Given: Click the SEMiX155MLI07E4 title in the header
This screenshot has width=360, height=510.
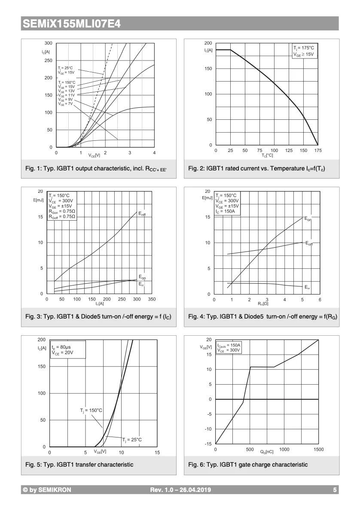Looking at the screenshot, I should click(x=71, y=24).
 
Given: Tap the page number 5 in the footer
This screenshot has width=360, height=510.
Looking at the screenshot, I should click(x=335, y=490).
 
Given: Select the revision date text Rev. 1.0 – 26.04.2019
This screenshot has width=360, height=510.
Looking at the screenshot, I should click(x=180, y=490).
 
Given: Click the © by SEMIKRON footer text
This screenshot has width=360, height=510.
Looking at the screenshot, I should click(x=47, y=490).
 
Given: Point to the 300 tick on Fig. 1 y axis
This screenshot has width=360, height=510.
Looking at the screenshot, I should click(x=48, y=43).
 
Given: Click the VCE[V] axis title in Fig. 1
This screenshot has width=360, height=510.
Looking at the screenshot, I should click(x=94, y=155).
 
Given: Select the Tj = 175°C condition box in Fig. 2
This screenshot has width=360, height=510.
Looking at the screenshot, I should click(x=304, y=51).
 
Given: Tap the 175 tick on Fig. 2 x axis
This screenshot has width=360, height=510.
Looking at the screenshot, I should click(x=317, y=151).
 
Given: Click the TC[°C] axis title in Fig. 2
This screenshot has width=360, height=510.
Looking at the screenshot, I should click(x=267, y=155).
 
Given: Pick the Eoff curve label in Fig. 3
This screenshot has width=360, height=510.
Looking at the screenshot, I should click(x=142, y=213).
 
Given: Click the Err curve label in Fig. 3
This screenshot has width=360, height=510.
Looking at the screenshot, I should click(x=141, y=284).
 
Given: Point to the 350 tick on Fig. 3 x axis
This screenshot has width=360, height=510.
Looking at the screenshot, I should click(x=152, y=299).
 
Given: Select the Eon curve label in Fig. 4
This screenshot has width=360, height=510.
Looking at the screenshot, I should click(x=308, y=219).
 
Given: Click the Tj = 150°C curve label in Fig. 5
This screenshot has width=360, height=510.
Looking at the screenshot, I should click(x=91, y=410).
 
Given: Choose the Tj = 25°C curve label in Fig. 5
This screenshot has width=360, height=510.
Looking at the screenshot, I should click(x=132, y=440).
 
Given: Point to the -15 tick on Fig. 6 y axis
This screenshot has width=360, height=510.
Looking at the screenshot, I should click(x=208, y=444).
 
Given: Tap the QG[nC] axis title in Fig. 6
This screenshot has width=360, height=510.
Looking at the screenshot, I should click(x=266, y=452).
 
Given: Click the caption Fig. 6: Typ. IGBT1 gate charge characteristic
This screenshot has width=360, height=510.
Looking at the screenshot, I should click(x=248, y=464).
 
